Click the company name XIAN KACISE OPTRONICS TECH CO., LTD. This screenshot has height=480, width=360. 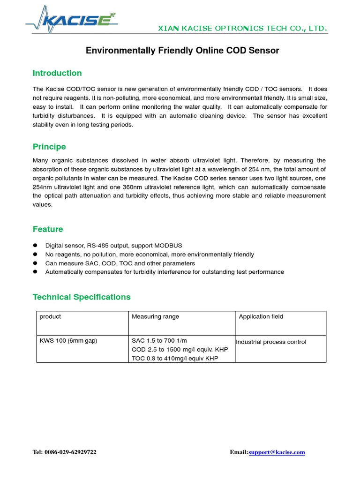(x=242, y=29)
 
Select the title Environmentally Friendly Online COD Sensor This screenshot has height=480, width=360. (x=182, y=50)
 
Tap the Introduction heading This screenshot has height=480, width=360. (x=57, y=73)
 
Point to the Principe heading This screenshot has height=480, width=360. (x=49, y=147)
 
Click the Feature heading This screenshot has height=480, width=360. (x=47, y=229)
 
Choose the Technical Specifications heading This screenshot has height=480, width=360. (x=82, y=297)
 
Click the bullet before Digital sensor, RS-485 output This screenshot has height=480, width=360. (x=35, y=246)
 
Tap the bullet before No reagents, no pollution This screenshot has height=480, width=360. (x=35, y=255)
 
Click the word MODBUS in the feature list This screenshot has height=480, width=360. (x=168, y=246)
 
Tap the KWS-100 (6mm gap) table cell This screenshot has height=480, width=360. (x=68, y=341)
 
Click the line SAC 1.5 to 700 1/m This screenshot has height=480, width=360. (x=159, y=341)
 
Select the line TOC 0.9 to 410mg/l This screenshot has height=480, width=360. (x=175, y=359)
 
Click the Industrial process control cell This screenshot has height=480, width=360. (x=271, y=342)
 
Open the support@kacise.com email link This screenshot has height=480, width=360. (x=277, y=452)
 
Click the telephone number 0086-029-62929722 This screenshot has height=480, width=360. (x=71, y=452)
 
